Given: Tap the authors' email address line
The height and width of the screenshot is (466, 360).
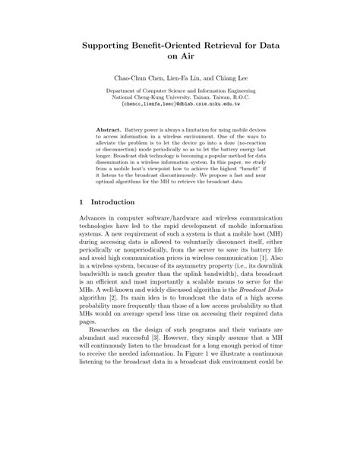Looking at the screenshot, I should pyautogui.click(x=179, y=106).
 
